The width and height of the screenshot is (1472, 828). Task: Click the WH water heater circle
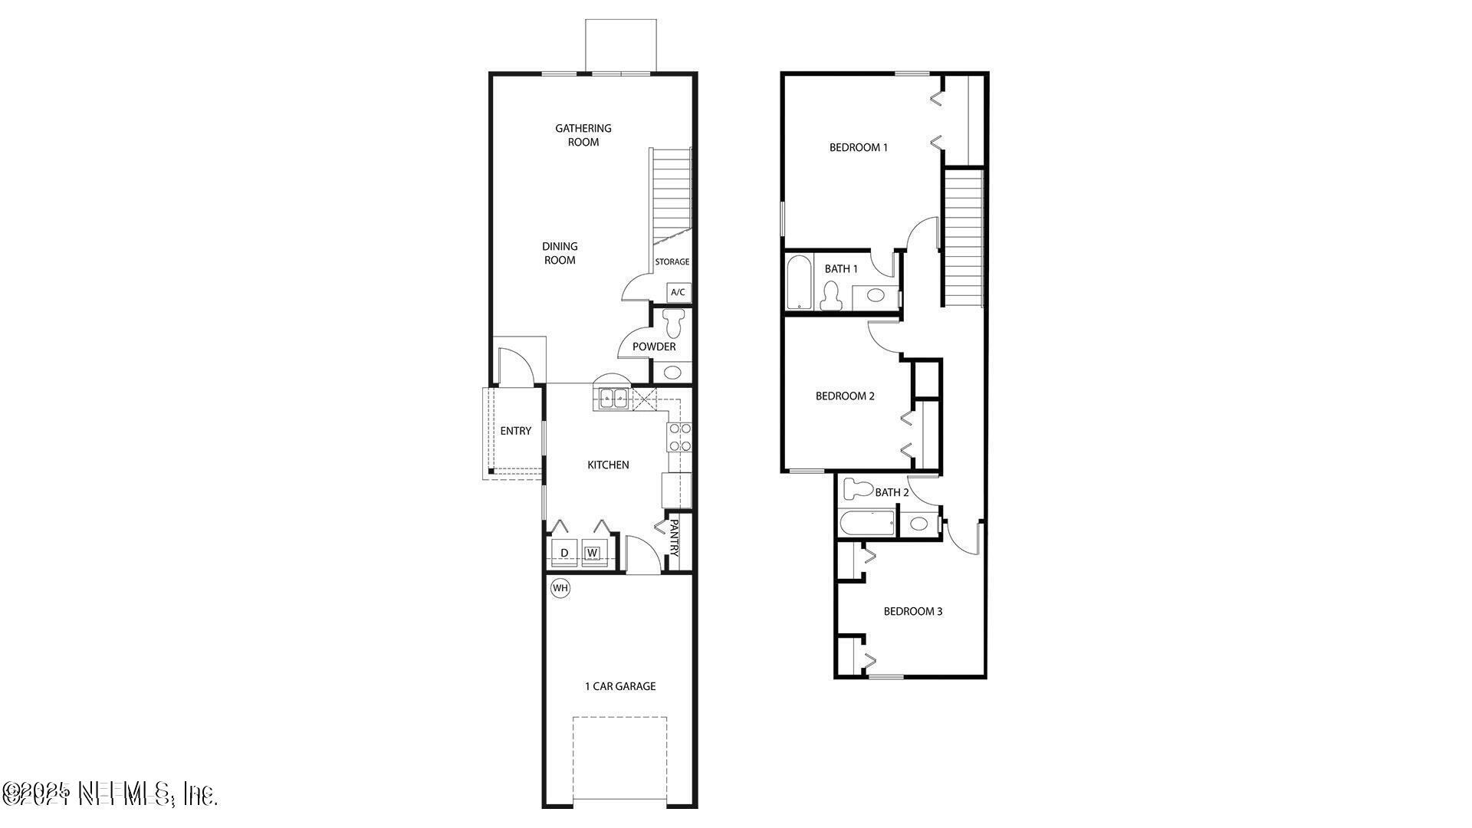pyautogui.click(x=560, y=588)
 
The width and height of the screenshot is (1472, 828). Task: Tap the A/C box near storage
pyautogui.click(x=678, y=292)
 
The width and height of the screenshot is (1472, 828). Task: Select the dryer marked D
pyautogui.click(x=564, y=553)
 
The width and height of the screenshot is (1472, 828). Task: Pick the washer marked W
pyautogui.click(x=593, y=553)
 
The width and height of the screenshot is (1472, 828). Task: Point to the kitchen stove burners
pyautogui.click(x=680, y=437)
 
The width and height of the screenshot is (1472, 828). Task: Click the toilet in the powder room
pyautogui.click(x=674, y=323)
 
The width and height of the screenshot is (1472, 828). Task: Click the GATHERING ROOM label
pyautogui.click(x=583, y=135)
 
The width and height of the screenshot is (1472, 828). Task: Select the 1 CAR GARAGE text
pyautogui.click(x=620, y=686)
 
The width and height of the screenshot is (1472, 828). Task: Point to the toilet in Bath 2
pyautogui.click(x=858, y=488)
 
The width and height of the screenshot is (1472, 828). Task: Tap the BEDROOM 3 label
pyautogui.click(x=912, y=611)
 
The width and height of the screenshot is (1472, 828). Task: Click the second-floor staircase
pyautogui.click(x=963, y=238)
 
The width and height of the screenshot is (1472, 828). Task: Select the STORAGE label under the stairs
pyautogui.click(x=672, y=261)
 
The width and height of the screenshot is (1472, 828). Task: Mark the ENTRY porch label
pyautogui.click(x=515, y=431)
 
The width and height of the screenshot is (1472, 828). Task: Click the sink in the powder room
pyautogui.click(x=672, y=373)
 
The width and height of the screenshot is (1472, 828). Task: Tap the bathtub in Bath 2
pyautogui.click(x=868, y=524)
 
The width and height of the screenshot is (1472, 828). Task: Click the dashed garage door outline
pyautogui.click(x=619, y=759)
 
